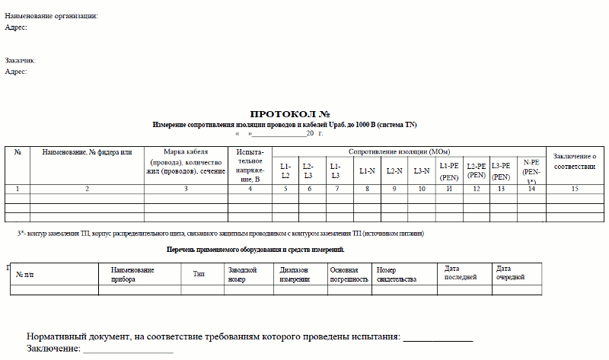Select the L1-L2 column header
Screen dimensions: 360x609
[285, 170]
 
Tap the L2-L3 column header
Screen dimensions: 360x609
[308, 170]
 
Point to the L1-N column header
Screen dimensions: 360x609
[367, 171]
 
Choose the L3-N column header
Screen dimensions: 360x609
[422, 171]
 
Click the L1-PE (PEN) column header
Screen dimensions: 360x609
[449, 170]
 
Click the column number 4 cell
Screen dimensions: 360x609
[249, 188]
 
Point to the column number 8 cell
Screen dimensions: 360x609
[367, 188]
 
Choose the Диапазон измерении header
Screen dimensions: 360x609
[295, 274]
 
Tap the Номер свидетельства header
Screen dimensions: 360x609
[397, 274]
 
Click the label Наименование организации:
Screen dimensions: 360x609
[51, 16]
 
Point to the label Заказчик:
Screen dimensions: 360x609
[21, 60]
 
